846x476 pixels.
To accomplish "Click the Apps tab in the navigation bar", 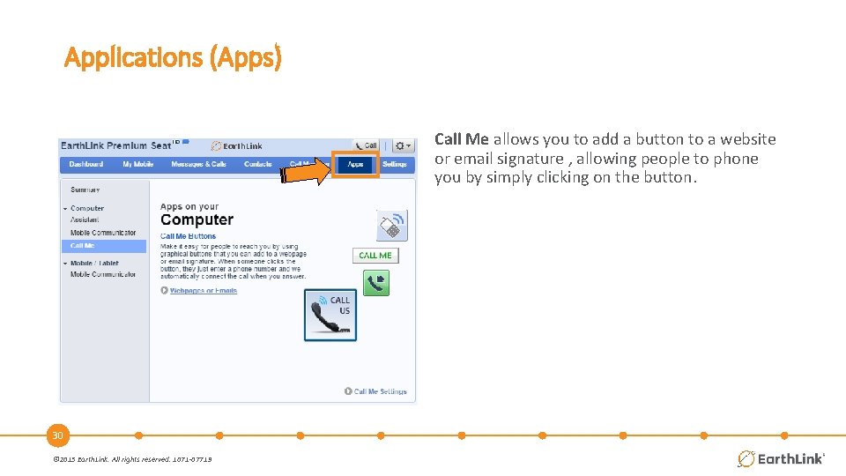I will coord(355,164).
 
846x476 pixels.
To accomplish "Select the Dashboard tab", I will coord(86,164).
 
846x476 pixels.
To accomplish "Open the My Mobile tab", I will coord(137,164).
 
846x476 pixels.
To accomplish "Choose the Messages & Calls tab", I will coord(198,164).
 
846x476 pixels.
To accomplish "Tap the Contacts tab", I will coord(258,164).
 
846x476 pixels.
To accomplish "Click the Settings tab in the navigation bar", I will coord(395,164).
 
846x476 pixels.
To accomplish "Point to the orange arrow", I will coord(305,172).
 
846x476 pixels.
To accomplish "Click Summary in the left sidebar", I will coord(85,190).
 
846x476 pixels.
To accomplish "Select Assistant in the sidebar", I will coord(85,219).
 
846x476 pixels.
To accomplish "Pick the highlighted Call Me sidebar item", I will coord(84,246).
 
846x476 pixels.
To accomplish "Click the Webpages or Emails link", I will coord(204,290).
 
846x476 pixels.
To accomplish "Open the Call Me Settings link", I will coord(380,391).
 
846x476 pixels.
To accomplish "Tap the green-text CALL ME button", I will coord(375,256).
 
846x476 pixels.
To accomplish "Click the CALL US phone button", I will coord(330,315).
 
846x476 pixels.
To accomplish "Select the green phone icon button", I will coord(376,283).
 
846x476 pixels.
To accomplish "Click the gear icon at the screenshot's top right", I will coord(403,145).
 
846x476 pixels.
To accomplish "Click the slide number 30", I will coord(57,435).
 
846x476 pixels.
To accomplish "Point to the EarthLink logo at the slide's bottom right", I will coord(781,458).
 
